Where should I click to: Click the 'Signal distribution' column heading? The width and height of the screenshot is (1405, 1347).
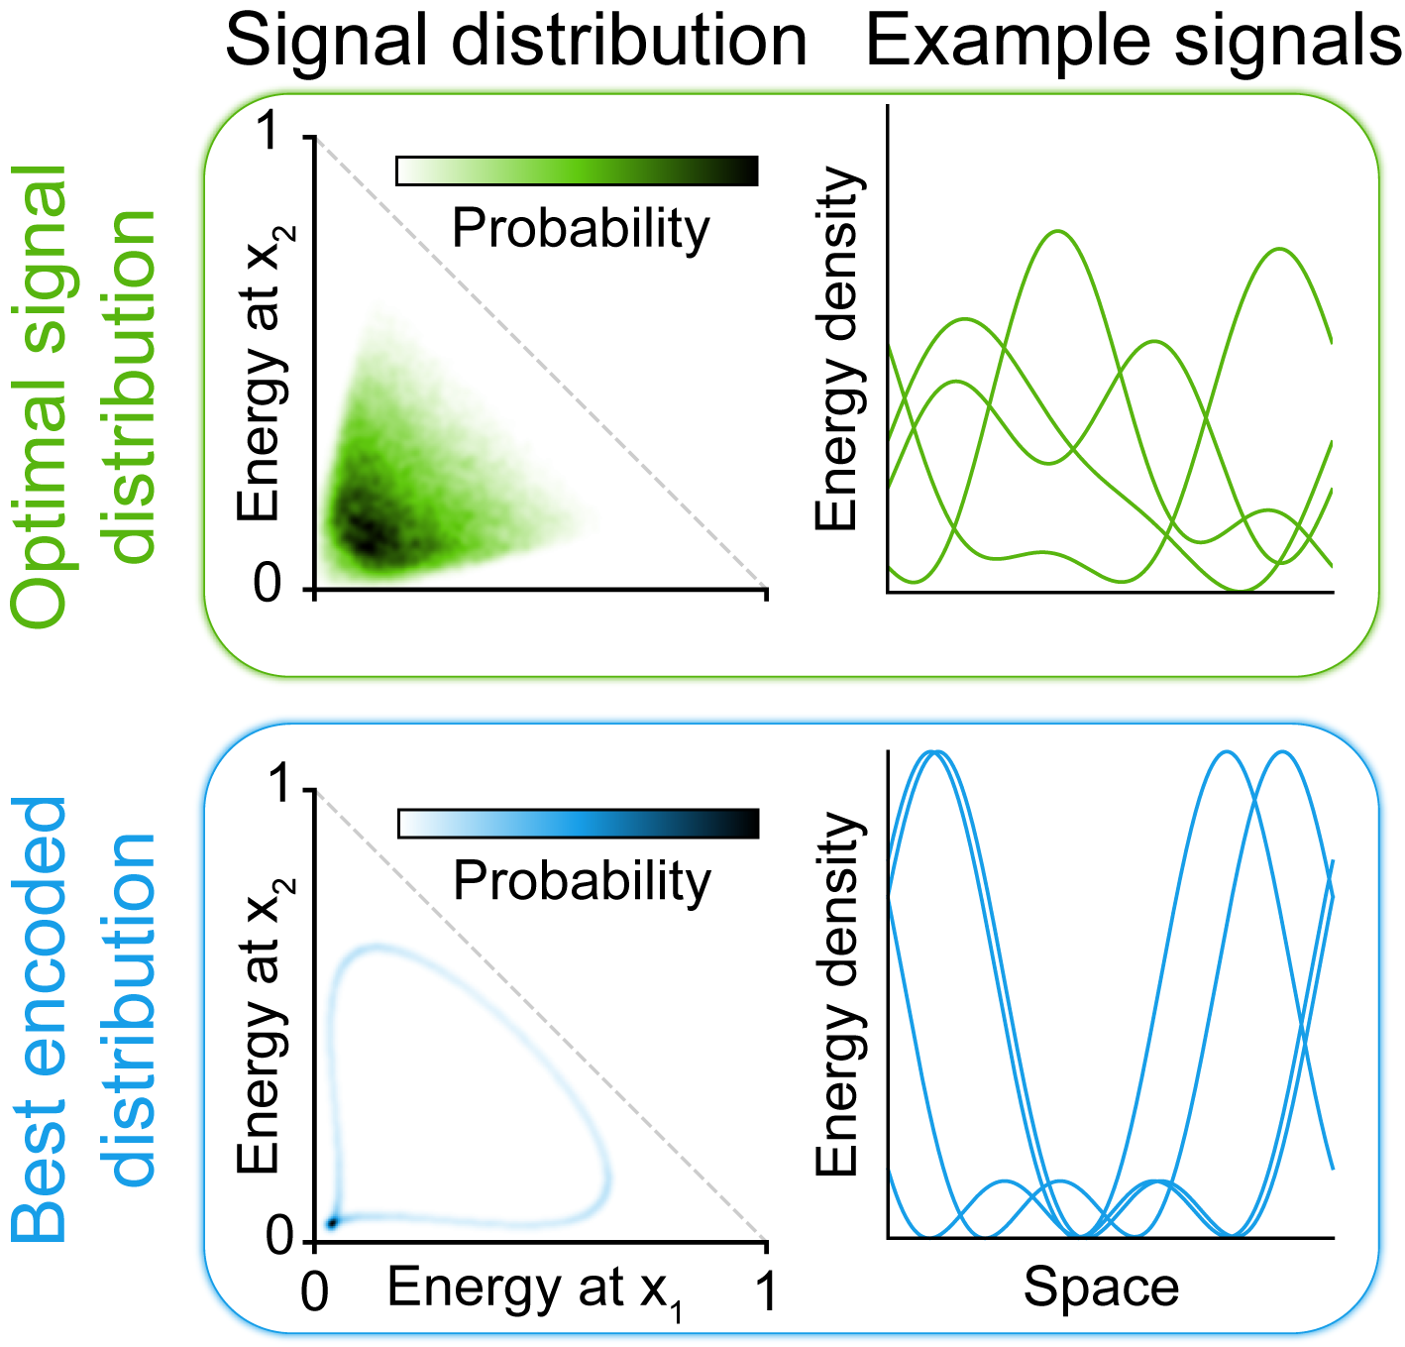[x=516, y=42]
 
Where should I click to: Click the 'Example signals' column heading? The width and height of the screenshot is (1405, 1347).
[x=1134, y=42]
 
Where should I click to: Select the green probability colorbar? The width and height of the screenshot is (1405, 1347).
[x=577, y=170]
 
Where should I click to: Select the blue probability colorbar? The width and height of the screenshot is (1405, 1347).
[x=578, y=824]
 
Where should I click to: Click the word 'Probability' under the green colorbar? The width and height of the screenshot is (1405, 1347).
[x=581, y=229]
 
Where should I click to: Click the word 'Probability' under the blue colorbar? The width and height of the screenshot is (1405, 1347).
[x=582, y=881]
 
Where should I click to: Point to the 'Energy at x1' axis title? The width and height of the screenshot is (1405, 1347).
[x=535, y=1291]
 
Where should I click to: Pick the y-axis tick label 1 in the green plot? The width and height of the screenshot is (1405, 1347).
[x=269, y=133]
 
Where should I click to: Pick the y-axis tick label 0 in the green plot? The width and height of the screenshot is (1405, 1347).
[x=269, y=585]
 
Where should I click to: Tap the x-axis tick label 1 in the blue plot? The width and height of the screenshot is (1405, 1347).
[x=765, y=1293]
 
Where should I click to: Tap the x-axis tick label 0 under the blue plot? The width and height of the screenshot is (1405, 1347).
[x=315, y=1293]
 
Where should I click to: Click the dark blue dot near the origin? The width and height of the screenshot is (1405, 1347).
[x=333, y=1223]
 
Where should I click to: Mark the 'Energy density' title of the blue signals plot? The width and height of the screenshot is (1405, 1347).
[x=837, y=994]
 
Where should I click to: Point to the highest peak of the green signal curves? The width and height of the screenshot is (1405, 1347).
[x=1059, y=232]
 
